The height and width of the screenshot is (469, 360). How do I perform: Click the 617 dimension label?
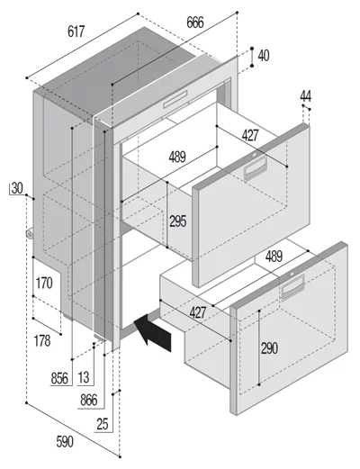point(76,32)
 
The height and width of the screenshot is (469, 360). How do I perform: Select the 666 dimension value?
point(195,23)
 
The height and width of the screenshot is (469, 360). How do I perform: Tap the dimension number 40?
point(264,56)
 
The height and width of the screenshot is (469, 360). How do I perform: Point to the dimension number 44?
point(305,96)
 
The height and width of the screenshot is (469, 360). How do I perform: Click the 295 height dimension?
point(178,221)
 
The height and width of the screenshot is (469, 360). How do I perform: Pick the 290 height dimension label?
point(269,348)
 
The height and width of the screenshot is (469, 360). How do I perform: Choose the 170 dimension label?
point(44,283)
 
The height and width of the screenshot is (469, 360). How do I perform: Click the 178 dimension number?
point(42,341)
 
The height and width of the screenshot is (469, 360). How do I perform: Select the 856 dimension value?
point(59,378)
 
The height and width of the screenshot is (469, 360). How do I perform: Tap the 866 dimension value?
point(89,401)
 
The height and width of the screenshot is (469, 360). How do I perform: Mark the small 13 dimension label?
point(84,377)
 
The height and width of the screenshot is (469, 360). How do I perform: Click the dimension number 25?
point(103,424)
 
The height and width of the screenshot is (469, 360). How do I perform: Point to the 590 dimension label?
point(65,442)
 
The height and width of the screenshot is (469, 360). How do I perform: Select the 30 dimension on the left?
point(17,188)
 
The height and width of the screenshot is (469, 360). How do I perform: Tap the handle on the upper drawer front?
point(256,168)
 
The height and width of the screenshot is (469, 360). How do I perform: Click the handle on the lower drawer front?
point(292,287)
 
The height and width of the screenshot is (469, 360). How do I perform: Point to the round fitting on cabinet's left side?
point(30,234)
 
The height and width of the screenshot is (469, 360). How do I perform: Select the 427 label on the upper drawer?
point(250,136)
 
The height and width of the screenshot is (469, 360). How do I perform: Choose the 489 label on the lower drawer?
point(274,257)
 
